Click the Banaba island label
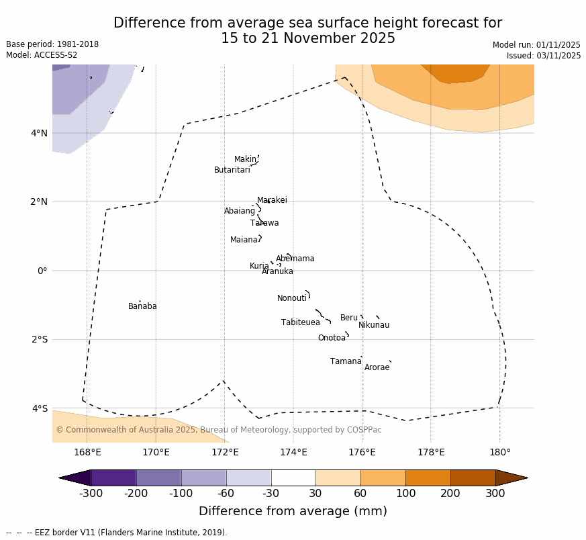coord(142,306)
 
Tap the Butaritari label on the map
coord(232,170)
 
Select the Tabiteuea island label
coord(300,322)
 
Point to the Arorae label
coord(377,367)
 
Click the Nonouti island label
coord(291,298)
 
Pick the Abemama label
coord(295,259)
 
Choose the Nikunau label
coord(373,325)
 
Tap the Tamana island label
coord(345,361)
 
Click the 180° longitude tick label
coord(499,452)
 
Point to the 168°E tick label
coord(87,452)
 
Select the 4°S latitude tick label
coord(39,408)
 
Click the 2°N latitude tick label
coord(39,201)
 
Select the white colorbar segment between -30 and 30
coord(293,478)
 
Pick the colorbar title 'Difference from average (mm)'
coord(293,511)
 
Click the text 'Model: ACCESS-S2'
coord(42,55)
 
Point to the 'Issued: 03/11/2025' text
coord(544,56)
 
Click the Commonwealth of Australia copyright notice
coord(218,430)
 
